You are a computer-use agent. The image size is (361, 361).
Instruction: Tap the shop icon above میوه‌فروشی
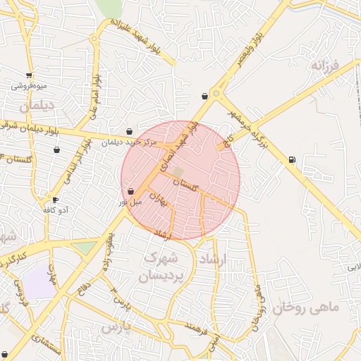[x=29, y=75]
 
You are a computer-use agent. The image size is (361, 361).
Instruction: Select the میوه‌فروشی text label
[x=29, y=86]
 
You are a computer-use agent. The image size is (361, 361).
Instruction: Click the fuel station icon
[x=292, y=159]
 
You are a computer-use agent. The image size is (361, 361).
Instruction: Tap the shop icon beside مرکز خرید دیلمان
[x=128, y=131]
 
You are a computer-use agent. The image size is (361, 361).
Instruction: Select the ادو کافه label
[x=55, y=210]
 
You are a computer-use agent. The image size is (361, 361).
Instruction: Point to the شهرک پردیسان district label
[x=163, y=267]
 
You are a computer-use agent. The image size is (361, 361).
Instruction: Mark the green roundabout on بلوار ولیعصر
[x=216, y=93]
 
